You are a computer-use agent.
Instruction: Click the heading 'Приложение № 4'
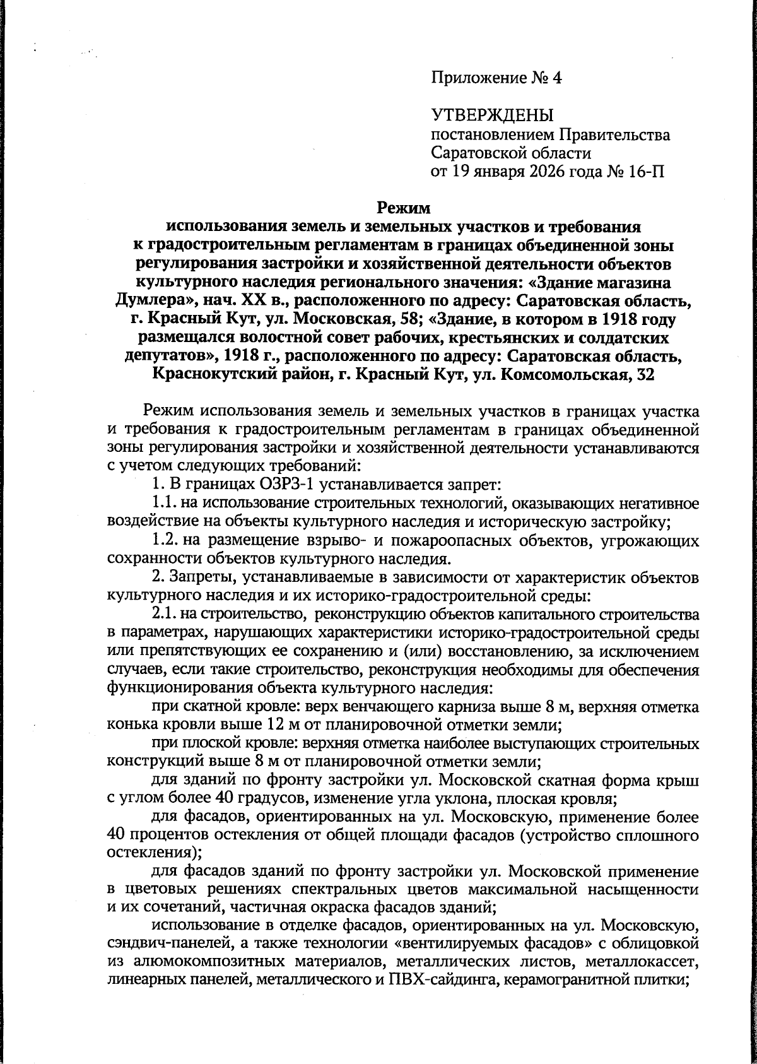coord(496,78)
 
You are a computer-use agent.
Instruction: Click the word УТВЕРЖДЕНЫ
coord(492,115)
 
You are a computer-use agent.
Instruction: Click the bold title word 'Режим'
coord(403,207)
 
